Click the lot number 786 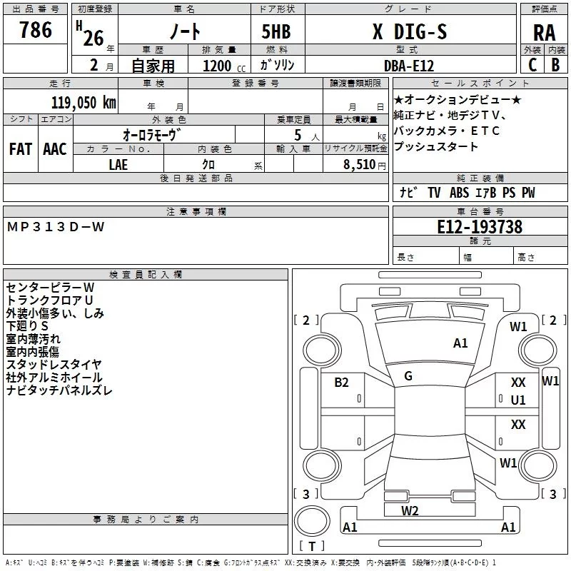pos(36,30)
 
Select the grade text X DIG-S pos(409,32)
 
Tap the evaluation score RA pos(544,32)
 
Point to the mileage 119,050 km pos(84,102)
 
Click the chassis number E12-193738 pos(480,228)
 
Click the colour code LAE pos(118,164)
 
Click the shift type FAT pos(20,148)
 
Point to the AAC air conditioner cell pos(54,148)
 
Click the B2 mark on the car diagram pos(341,383)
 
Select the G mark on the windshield pos(408,376)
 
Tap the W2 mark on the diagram pos(410,510)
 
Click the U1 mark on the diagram pos(518,400)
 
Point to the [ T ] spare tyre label pos(311,547)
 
